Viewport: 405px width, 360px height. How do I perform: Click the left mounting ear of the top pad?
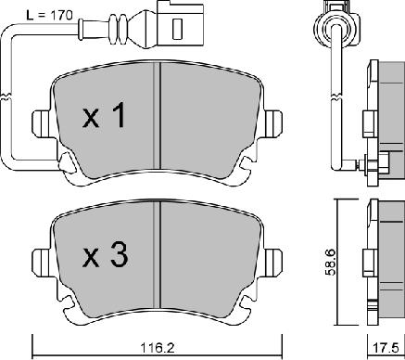(42, 122)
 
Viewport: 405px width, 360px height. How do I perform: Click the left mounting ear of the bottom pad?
(42, 261)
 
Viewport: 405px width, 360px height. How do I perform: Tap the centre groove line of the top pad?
(160, 116)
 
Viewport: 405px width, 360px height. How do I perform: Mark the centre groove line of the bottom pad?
(160, 255)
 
